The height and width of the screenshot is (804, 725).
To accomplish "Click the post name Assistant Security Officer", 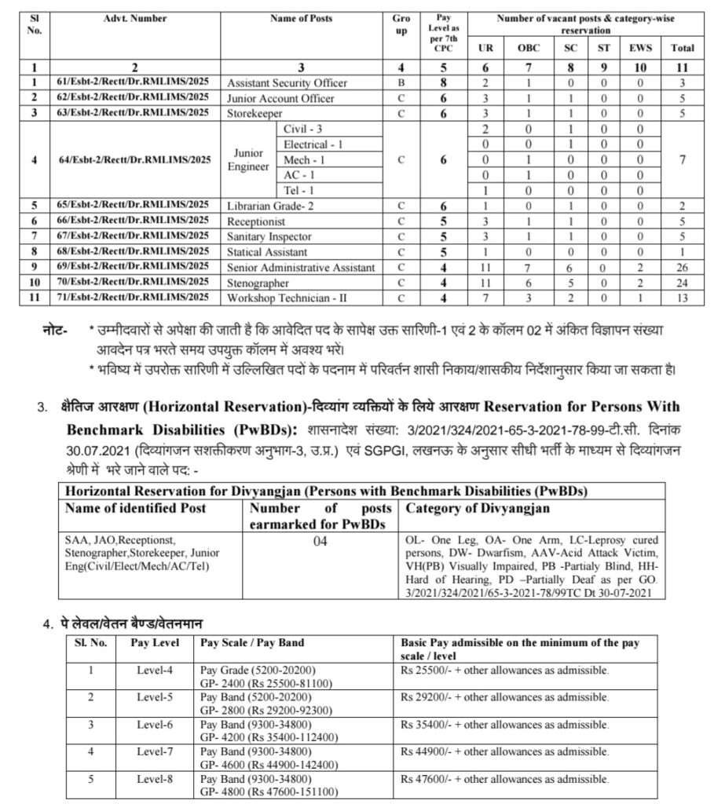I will (287, 82).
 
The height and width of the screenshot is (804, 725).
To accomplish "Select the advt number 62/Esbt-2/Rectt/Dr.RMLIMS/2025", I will (133, 97).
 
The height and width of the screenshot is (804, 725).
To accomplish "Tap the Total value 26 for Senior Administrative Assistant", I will (682, 268).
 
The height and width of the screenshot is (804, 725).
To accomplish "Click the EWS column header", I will (640, 48).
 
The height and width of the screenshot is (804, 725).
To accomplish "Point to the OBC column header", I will (529, 48).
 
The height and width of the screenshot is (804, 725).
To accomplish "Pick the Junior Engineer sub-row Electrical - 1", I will (313, 144).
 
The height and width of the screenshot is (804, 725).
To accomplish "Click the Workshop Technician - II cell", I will (287, 298).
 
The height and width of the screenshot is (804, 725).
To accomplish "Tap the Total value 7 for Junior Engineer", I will (682, 159).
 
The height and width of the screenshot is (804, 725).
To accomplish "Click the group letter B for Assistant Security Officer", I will (401, 82).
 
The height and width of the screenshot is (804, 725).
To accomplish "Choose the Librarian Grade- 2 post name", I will (269, 206).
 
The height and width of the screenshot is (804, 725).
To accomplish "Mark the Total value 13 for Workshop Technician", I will (682, 298).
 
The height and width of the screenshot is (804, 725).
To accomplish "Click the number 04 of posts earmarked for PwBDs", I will (320, 541).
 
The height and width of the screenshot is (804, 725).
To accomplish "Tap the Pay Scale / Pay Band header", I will (252, 642).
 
